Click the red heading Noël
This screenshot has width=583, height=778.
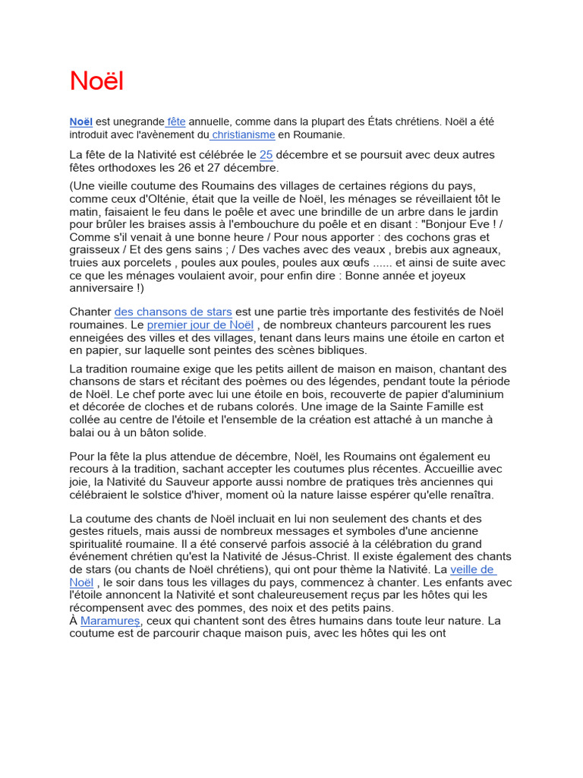coord(96,81)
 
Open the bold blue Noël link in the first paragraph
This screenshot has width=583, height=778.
coord(80,122)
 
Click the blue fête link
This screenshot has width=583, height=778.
coord(176,122)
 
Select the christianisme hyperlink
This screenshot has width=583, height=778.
coord(243,134)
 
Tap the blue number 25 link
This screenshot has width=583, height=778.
coord(266,155)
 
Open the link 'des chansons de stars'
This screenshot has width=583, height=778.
coord(173,312)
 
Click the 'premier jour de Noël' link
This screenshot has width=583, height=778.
coord(200,324)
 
